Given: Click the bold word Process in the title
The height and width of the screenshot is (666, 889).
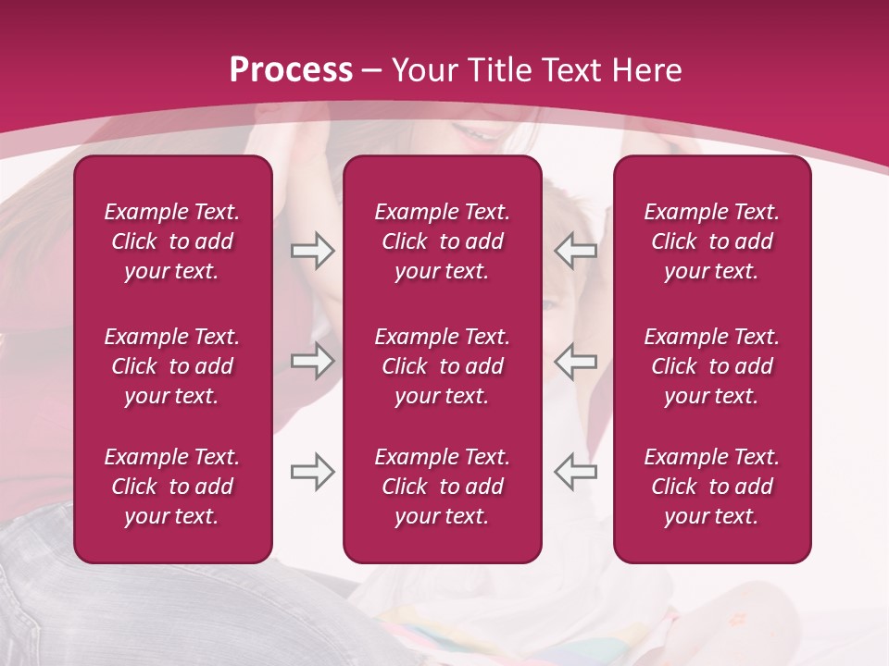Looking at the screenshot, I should click(x=291, y=70).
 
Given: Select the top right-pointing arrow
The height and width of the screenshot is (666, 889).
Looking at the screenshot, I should click(x=312, y=251).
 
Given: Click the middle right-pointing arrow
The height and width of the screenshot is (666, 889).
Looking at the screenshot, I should click(x=312, y=361).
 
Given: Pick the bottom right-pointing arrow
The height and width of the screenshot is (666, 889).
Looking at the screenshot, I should click(x=312, y=472).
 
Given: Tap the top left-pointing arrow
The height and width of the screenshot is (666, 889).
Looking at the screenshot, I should click(x=575, y=251).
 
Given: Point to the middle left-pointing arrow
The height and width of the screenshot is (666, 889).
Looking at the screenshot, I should click(x=575, y=361).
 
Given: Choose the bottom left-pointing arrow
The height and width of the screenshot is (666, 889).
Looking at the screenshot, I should click(x=575, y=472).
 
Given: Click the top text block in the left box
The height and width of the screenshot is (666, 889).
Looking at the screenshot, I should click(x=172, y=241).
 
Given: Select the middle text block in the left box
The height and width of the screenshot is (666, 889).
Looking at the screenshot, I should click(x=172, y=366).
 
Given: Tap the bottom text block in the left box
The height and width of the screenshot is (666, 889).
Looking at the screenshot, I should click(x=172, y=487).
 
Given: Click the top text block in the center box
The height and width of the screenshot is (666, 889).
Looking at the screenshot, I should click(x=442, y=241).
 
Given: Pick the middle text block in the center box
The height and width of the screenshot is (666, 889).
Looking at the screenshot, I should click(x=442, y=366).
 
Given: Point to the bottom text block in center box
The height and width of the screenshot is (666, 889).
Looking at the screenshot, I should click(x=442, y=487).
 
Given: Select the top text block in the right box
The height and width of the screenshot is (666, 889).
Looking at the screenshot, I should click(x=711, y=241).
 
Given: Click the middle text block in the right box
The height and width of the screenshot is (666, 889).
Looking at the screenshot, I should click(x=711, y=366).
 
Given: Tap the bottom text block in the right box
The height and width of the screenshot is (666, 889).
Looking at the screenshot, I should click(x=711, y=487).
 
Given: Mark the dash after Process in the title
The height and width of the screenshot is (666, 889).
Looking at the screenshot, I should click(x=371, y=72).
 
